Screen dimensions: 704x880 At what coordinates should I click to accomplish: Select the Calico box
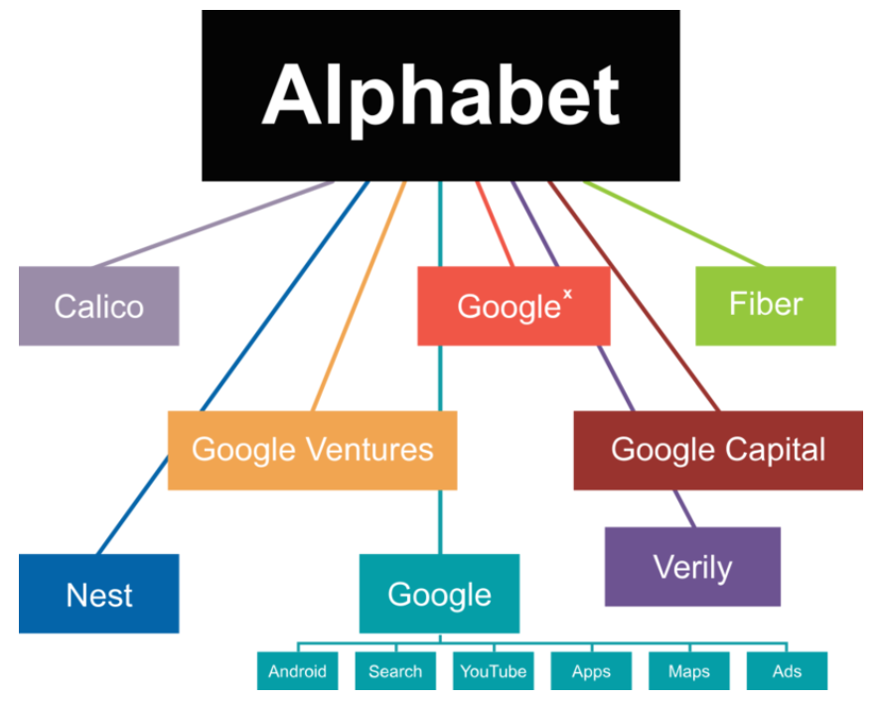pos(98,305)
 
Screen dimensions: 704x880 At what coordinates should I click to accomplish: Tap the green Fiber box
pos(765,305)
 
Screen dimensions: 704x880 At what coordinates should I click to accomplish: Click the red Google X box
pos(513,306)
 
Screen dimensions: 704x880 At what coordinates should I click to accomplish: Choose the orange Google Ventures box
pos(312,450)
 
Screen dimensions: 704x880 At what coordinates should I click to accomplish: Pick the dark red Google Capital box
pos(717,450)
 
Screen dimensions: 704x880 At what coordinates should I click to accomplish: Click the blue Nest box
pos(98,594)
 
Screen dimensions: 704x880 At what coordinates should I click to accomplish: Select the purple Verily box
pos(692,567)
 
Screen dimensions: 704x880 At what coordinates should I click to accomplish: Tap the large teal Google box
pos(439,594)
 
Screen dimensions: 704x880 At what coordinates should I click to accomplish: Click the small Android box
pos(297,671)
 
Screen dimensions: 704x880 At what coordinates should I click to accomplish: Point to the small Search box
pos(394,671)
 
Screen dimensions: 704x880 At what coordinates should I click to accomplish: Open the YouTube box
pos(493,671)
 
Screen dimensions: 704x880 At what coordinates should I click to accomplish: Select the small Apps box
pos(590,671)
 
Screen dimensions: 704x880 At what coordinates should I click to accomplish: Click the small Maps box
pos(688,671)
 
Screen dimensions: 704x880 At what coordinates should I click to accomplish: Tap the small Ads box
pos(787,671)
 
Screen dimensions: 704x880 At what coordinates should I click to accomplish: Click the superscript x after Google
pos(567,295)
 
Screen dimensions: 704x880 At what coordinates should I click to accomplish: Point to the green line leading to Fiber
pos(675,224)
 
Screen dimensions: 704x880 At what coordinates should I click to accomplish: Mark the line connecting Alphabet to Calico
pos(214,224)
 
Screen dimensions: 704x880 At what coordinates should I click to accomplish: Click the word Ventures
pos(370,450)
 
